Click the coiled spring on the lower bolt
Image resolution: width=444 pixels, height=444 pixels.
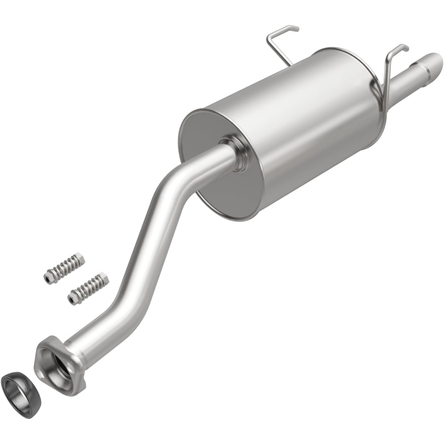[87, 288]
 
